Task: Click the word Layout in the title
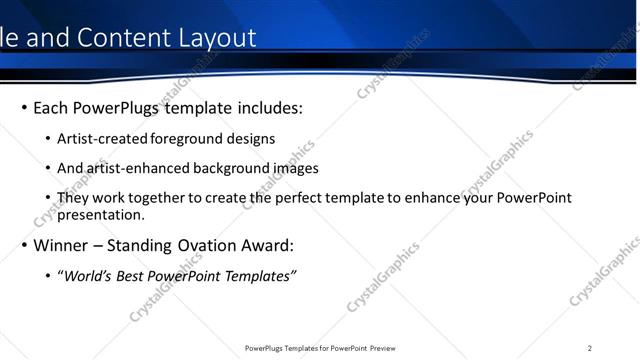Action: [x=213, y=38]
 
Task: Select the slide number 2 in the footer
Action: [x=590, y=348]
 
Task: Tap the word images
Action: [x=296, y=168]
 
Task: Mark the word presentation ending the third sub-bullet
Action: [x=101, y=214]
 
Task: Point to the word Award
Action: [x=266, y=245]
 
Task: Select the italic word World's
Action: [x=89, y=276]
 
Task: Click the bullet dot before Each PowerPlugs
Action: [x=24, y=107]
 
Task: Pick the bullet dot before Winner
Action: [x=24, y=245]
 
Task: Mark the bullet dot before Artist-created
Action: [x=49, y=139]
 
